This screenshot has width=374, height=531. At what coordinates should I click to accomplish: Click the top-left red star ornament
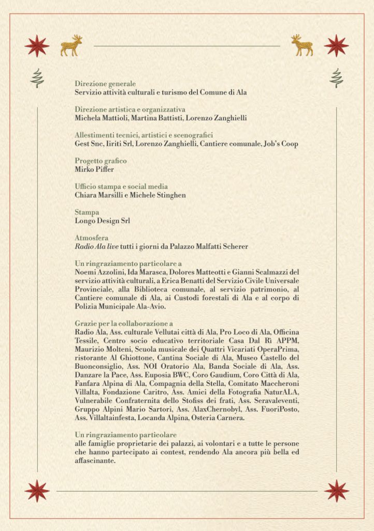coord(37,46)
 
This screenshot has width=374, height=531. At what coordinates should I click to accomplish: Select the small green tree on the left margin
coord(37,78)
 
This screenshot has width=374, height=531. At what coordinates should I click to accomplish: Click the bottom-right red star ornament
coord(336,491)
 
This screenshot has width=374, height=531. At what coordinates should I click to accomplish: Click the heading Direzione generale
coord(105,83)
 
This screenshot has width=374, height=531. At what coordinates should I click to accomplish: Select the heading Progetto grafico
coord(100,161)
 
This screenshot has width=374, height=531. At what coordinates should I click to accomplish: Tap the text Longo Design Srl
coord(102,220)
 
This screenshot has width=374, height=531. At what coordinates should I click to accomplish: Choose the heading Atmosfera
coord(91,238)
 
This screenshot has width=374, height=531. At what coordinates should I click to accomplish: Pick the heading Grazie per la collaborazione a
coord(124,323)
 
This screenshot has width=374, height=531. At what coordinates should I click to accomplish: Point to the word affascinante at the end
coord(94,460)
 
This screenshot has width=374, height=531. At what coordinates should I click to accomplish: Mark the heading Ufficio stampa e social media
coord(121,187)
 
